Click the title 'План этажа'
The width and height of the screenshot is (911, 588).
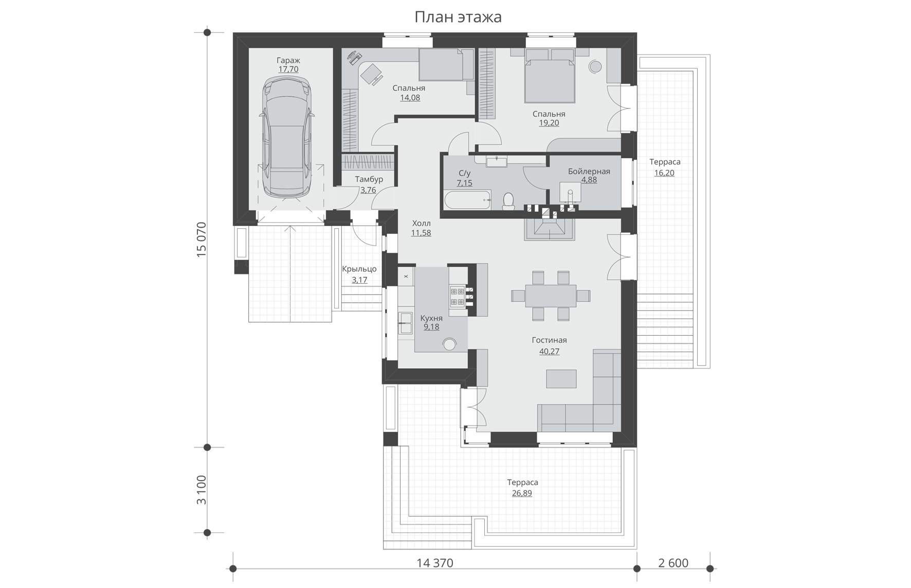pyautogui.click(x=458, y=17)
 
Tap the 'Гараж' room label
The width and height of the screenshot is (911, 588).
pyautogui.click(x=288, y=60)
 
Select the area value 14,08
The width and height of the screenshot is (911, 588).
pyautogui.click(x=410, y=98)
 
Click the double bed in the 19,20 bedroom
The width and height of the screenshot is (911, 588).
pyautogui.click(x=549, y=80)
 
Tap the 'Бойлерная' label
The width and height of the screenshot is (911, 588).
pyautogui.click(x=589, y=171)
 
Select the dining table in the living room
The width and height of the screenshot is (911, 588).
pyautogui.click(x=551, y=296)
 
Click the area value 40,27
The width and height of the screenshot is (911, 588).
pyautogui.click(x=549, y=352)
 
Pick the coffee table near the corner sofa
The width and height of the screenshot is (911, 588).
pyautogui.click(x=561, y=379)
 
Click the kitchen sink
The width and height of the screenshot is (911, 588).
pyautogui.click(x=406, y=323)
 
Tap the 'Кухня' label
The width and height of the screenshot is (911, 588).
pyautogui.click(x=431, y=318)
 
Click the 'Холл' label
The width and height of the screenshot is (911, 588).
pyautogui.click(x=421, y=224)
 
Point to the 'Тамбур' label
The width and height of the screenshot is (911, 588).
pyautogui.click(x=369, y=179)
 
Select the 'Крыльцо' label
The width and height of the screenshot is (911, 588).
pyautogui.click(x=359, y=269)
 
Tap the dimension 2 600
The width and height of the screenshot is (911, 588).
pyautogui.click(x=673, y=563)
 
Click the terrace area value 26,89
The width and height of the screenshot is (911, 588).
pyautogui.click(x=522, y=493)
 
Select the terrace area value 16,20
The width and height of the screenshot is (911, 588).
pyautogui.click(x=664, y=173)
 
